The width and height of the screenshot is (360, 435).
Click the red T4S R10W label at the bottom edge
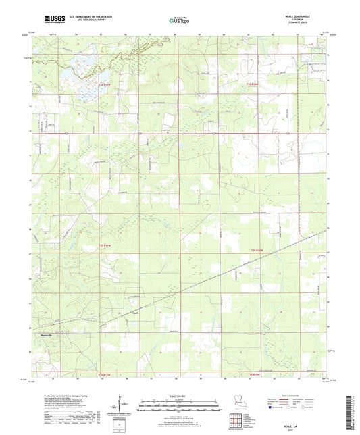252,374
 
